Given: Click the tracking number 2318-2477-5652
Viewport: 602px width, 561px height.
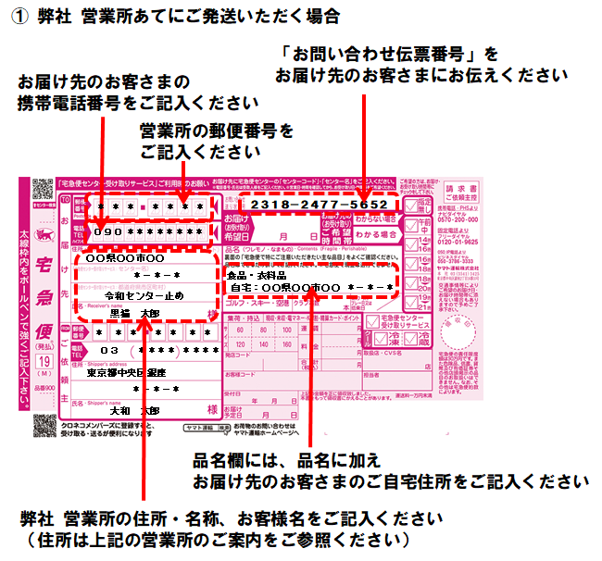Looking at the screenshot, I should point(319,203).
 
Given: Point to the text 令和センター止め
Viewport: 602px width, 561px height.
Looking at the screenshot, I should point(144,295).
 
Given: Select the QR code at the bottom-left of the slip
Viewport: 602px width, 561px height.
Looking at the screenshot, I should point(44,426).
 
